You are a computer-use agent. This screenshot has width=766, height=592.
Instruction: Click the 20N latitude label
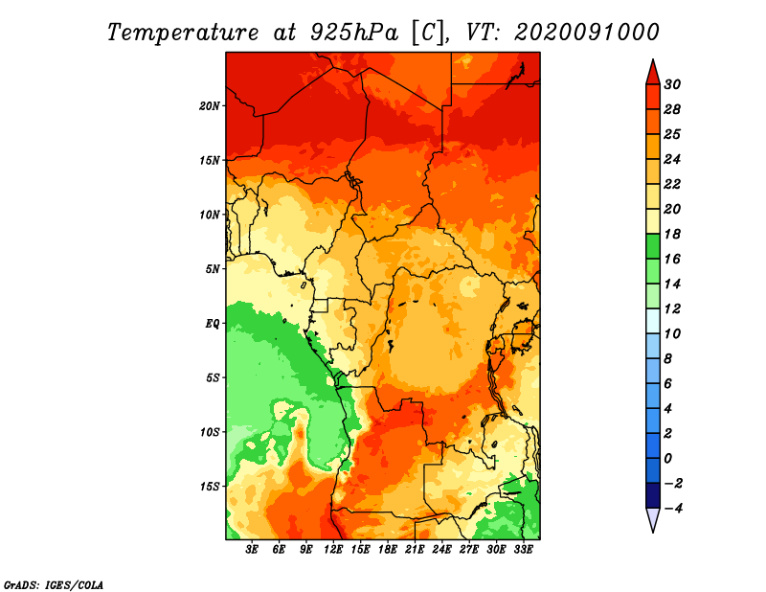(x=210, y=106)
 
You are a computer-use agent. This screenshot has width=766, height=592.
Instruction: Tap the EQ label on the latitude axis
(x=212, y=324)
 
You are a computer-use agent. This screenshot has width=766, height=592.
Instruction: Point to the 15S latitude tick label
(x=210, y=487)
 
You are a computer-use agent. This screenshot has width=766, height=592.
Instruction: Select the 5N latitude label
(x=213, y=269)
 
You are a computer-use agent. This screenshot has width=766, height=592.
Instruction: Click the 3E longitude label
(x=252, y=549)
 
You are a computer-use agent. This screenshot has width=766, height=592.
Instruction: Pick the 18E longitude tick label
(x=388, y=549)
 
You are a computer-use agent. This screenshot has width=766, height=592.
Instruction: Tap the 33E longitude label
(x=523, y=549)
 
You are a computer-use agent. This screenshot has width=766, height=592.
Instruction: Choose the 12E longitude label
(x=333, y=549)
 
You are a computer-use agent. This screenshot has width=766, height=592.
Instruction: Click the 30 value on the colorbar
(x=672, y=84)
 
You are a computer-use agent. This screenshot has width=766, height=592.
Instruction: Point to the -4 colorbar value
(x=673, y=509)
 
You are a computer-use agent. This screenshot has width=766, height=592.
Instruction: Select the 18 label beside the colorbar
(x=672, y=234)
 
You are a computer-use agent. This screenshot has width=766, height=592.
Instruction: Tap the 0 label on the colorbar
(x=667, y=459)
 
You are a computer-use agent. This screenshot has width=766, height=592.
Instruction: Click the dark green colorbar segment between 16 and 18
(x=653, y=246)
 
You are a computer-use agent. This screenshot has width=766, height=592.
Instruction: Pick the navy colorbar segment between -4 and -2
(x=653, y=495)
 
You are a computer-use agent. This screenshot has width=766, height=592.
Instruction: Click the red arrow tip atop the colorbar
(x=653, y=59)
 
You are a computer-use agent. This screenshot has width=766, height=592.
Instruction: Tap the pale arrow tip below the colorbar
(x=653, y=532)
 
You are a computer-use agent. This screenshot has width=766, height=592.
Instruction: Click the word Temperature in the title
(x=182, y=34)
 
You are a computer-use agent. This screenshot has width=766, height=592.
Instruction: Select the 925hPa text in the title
(x=354, y=33)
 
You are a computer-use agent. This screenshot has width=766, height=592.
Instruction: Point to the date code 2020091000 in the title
(x=587, y=33)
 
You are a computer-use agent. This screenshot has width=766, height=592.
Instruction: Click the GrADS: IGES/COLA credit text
(x=54, y=585)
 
